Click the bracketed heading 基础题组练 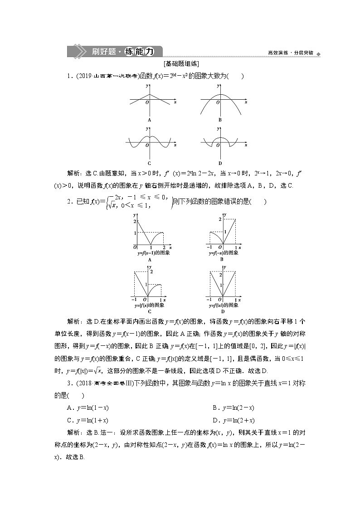(x=180, y=64)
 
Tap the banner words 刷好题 (x=102, y=52)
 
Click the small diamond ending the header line (x=318, y=54)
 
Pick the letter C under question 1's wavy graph (x=149, y=163)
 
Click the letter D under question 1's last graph (x=220, y=163)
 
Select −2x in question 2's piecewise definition (x=119, y=197)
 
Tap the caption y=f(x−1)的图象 (x=154, y=253)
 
